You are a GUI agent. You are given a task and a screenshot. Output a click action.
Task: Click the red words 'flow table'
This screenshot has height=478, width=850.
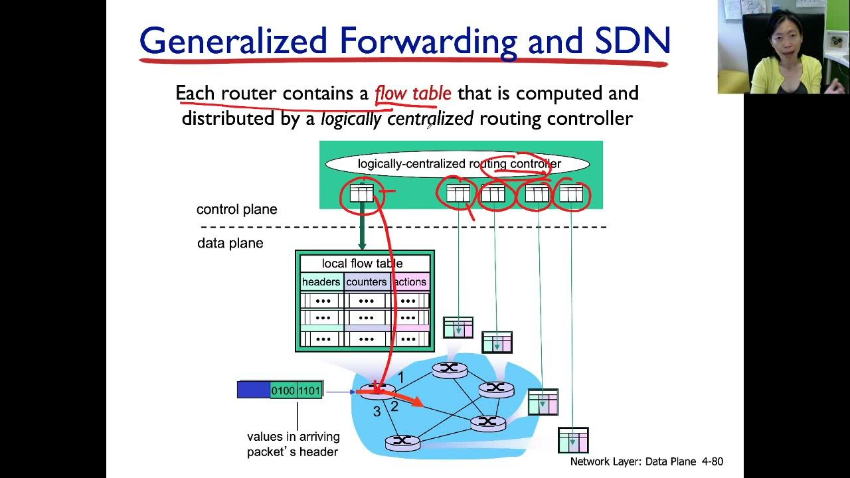[x=412, y=93]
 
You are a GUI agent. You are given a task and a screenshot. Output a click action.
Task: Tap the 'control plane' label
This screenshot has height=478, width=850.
[x=236, y=209]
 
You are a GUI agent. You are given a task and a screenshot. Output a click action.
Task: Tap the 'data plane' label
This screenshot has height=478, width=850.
[x=230, y=243]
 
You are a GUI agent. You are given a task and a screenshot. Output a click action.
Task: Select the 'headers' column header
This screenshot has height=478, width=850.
[x=321, y=282]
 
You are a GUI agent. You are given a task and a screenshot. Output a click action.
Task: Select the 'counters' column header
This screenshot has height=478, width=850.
[x=366, y=282]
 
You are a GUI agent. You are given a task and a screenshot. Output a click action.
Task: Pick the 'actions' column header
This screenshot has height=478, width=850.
[x=410, y=282]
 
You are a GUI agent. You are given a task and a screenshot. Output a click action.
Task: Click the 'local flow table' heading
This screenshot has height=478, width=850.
[x=362, y=264]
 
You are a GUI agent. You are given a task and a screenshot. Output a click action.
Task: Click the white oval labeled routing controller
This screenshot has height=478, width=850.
[x=458, y=164]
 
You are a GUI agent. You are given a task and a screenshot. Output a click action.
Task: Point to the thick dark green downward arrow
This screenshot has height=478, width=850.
[x=362, y=226]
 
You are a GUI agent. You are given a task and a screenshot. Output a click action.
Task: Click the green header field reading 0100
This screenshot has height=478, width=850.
[x=283, y=390]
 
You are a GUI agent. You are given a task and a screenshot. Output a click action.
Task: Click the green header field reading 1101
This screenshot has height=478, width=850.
[x=309, y=390]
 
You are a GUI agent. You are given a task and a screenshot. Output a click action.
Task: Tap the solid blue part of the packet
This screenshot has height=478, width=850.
[x=254, y=390]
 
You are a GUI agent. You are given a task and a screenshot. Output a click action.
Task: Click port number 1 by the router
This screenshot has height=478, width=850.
[x=400, y=378]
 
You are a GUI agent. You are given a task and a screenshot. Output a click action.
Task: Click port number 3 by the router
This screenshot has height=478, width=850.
[x=377, y=412]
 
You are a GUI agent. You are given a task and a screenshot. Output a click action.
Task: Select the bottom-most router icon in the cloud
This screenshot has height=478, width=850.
[x=402, y=442]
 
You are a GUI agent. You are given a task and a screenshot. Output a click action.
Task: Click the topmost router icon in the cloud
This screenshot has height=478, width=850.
[x=450, y=369]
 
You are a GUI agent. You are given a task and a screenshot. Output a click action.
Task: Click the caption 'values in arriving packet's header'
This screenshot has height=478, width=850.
[x=293, y=444]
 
